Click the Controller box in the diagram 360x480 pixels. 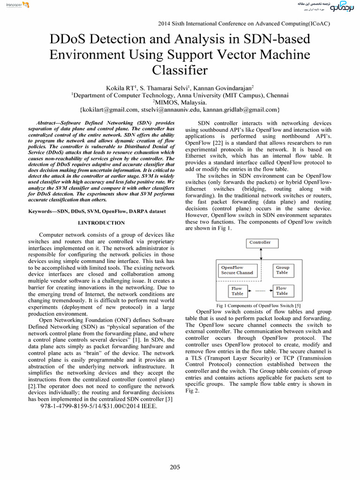tap(260, 243)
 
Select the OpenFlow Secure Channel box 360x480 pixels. tap(237, 270)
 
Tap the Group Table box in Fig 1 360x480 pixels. tap(282, 270)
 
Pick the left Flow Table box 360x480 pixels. tap(237, 291)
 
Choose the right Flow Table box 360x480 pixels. tap(282, 291)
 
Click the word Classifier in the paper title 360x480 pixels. tap(180, 70)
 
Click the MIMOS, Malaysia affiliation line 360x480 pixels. tap(180, 102)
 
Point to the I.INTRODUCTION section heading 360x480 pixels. tap(101, 223)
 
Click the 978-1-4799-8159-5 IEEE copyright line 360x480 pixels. tap(99, 406)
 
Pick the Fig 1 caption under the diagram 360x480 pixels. tap(258, 306)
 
